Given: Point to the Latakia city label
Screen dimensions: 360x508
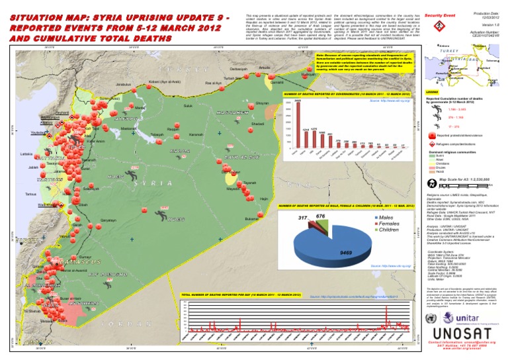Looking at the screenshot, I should point(28,153).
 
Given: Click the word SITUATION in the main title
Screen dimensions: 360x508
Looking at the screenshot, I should point(30,13).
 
